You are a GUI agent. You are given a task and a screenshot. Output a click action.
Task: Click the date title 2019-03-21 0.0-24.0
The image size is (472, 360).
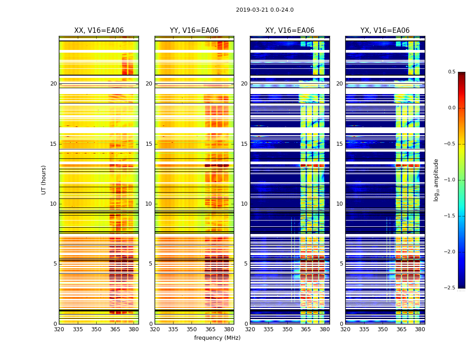pos(264,10)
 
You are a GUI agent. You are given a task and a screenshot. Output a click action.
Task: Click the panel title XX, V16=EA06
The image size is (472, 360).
pos(99,31)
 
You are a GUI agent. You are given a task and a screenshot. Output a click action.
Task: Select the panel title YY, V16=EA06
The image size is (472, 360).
pos(194,31)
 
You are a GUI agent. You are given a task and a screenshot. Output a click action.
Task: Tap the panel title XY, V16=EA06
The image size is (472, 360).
pos(289,31)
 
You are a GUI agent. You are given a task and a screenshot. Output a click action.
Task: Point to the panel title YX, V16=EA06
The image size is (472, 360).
pos(385,31)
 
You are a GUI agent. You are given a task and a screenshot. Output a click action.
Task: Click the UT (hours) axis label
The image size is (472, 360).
pos(44,180)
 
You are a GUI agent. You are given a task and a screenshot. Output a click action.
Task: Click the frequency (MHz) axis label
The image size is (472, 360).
pos(217,338)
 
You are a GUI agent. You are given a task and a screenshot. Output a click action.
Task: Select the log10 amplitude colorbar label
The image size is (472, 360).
pos(436,180)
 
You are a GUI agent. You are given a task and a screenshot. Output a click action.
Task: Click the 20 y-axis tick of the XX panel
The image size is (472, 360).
pos(53,84)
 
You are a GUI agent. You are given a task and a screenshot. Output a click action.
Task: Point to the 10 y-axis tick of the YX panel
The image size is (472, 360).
pos(340,204)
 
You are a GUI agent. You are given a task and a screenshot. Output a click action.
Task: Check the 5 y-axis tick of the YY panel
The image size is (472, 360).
pos(151,264)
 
